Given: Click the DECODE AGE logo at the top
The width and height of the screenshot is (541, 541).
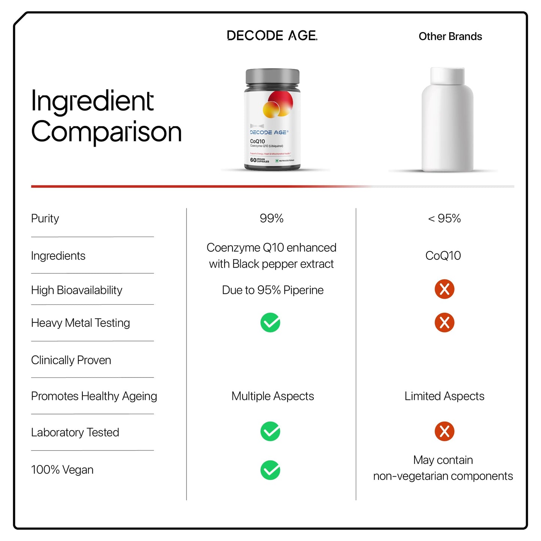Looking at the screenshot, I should tap(272, 36).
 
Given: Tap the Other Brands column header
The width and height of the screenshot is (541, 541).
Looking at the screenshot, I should tap(450, 36).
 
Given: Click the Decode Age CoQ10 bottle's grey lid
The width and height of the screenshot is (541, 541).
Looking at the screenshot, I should tap(272, 76).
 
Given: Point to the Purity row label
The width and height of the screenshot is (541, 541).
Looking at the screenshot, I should tap(45, 218).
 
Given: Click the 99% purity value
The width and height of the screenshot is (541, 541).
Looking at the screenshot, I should tap(271, 218).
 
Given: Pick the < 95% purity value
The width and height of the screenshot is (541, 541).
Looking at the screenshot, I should tap(444, 218).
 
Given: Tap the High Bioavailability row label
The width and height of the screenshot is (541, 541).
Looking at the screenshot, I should tap(76, 290).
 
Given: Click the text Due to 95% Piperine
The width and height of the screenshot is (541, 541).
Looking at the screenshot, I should tap(273, 290).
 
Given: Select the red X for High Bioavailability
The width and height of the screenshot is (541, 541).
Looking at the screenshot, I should tap(444, 289).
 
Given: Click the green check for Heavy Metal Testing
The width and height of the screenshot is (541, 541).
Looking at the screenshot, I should tap(270, 322).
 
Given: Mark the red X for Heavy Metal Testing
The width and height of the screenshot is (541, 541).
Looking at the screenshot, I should tap(444, 322).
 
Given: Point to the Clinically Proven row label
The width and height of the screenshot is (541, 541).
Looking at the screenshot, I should tap(71, 360).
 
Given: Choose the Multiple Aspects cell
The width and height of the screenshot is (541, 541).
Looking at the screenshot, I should tap(273, 396).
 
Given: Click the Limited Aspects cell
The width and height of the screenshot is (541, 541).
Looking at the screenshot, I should tap(444, 396).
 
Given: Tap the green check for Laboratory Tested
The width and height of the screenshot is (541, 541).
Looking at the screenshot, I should tap(270, 431).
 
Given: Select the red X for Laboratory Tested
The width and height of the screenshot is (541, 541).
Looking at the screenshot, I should tap(444, 431).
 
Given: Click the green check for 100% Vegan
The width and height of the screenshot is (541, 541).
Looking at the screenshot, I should tap(270, 470).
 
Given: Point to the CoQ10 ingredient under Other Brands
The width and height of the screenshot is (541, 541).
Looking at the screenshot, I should tap(443, 256).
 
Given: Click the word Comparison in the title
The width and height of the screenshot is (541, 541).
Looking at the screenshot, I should tap(106, 132).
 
